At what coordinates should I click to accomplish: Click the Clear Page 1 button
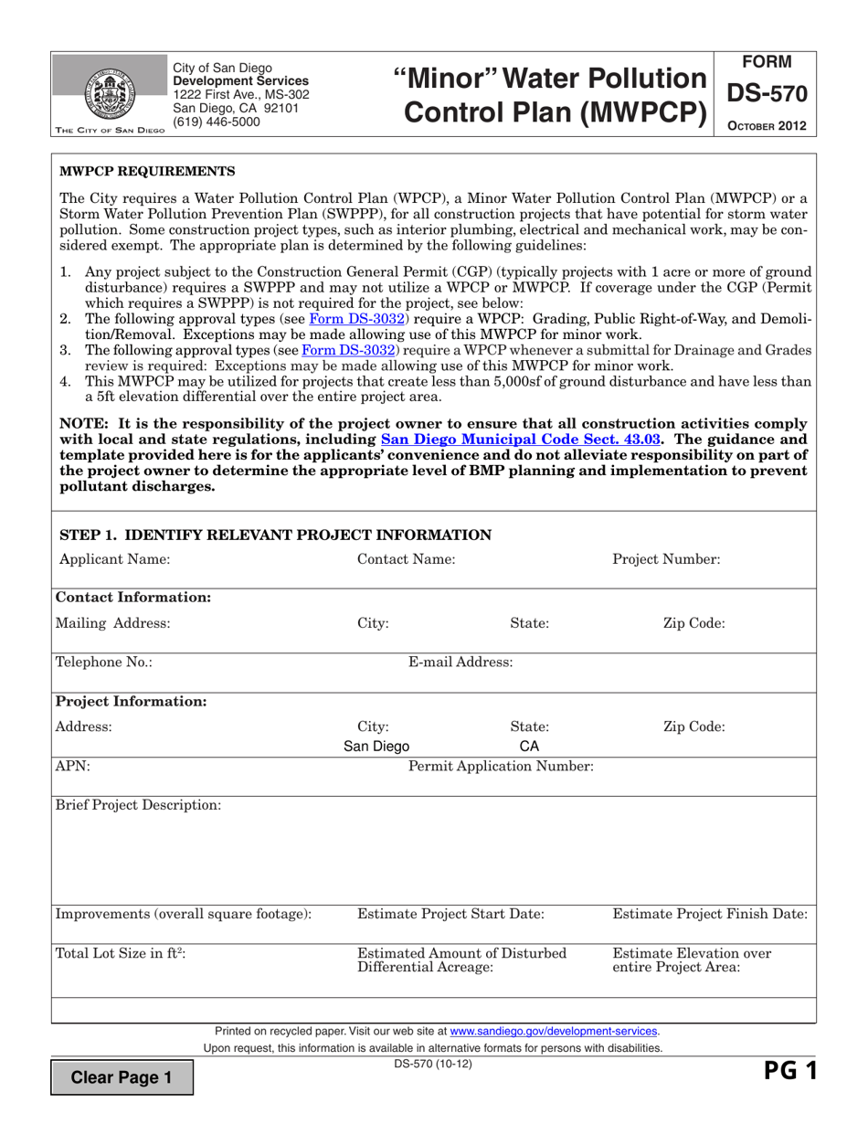click(x=122, y=1077)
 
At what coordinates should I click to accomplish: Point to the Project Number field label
click(x=665, y=559)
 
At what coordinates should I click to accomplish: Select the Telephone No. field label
click(x=104, y=663)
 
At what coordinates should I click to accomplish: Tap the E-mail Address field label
click(x=460, y=663)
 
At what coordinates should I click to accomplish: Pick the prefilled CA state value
click(x=529, y=747)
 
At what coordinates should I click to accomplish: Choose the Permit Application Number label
click(x=501, y=766)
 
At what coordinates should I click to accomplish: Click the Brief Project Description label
click(x=138, y=805)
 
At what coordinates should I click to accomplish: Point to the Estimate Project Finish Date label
click(x=709, y=914)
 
